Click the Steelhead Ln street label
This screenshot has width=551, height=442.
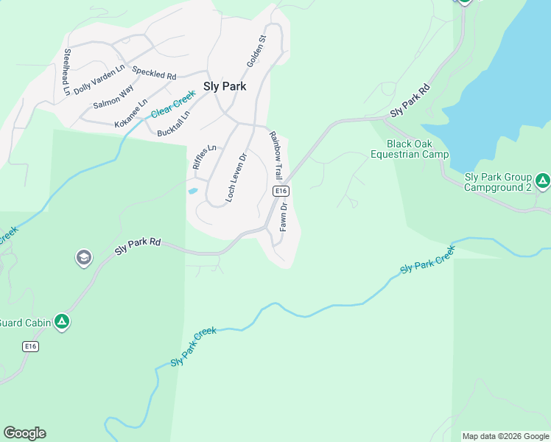point(67,72)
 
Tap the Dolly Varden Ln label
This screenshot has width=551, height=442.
point(99,77)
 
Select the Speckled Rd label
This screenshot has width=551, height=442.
point(154,72)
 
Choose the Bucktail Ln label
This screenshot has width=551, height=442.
point(174,124)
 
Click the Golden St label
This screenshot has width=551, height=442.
point(256,52)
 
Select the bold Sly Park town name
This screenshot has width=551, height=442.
point(225,86)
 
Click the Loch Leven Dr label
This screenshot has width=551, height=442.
point(235,178)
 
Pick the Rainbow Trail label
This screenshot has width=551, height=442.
point(275,156)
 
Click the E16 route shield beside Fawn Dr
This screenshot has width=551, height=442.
point(280,191)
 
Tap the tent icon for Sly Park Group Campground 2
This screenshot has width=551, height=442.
point(543,180)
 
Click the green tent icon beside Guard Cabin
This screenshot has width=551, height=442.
point(63,321)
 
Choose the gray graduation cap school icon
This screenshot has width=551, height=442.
point(83,258)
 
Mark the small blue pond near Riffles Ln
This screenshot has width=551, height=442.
point(193,191)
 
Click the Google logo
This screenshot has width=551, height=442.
point(24,433)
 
